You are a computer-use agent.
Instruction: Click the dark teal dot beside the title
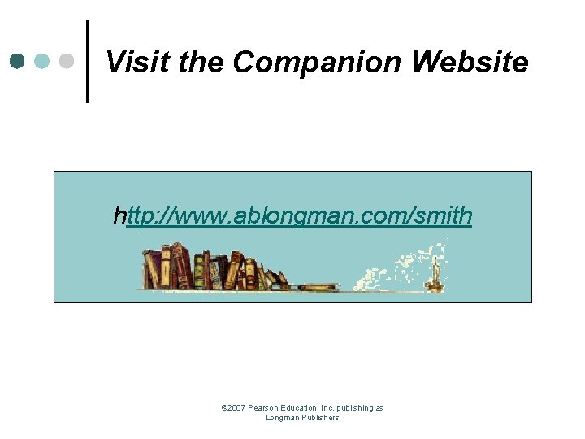[x=18, y=61]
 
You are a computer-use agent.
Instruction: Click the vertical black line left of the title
[x=87, y=62]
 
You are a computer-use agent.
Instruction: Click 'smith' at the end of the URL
[x=443, y=215]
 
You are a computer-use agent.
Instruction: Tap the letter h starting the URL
[x=120, y=215]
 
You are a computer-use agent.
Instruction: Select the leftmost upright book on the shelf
[x=149, y=268]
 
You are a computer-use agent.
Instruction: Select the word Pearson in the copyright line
[x=264, y=408]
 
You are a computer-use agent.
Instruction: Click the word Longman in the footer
[x=282, y=418]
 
